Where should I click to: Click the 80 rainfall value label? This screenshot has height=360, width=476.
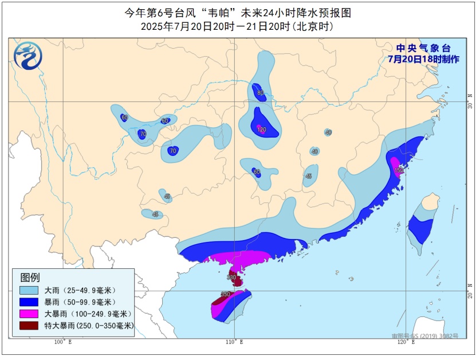261,93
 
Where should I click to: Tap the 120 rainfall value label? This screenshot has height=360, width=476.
262,130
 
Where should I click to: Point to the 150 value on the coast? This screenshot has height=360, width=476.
399,170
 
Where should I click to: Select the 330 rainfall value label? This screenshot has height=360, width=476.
231,277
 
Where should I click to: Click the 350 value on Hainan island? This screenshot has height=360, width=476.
226,294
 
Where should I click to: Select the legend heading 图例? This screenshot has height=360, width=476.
30,277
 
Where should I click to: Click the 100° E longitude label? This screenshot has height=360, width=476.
62,342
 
